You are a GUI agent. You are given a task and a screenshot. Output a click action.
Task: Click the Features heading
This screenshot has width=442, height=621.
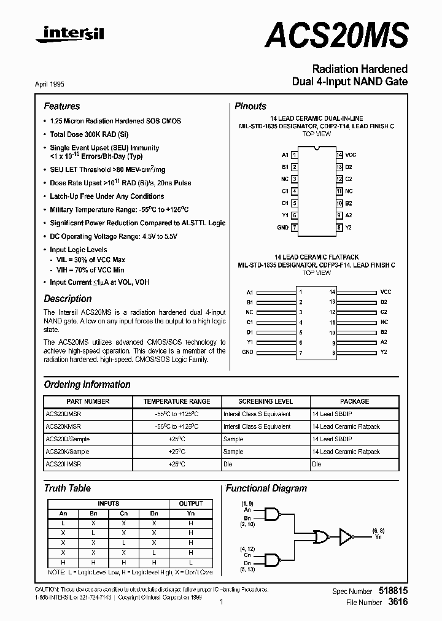(x=61, y=106)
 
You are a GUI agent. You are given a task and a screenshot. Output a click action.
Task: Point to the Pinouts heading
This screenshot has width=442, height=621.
(x=250, y=106)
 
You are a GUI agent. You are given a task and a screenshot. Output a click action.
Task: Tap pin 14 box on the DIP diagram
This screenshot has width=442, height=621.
(x=339, y=155)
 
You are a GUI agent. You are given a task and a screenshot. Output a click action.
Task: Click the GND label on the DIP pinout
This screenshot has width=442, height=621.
(x=282, y=227)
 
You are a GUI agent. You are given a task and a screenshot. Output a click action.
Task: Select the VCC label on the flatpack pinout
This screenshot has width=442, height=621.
(x=386, y=292)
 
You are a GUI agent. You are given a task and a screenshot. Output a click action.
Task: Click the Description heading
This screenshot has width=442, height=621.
(x=68, y=299)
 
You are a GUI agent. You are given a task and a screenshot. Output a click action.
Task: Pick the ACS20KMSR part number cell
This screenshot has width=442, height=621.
(x=63, y=426)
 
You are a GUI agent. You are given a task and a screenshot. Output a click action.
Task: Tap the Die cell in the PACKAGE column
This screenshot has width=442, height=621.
(x=317, y=465)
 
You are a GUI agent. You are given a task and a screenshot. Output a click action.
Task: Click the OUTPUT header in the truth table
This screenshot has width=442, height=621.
(x=190, y=504)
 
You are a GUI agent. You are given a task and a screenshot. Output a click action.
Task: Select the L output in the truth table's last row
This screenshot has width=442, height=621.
(x=190, y=563)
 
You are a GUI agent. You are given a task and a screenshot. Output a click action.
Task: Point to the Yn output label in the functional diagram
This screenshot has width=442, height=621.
(x=377, y=538)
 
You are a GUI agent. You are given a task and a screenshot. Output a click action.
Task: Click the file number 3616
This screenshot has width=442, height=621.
(x=399, y=603)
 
